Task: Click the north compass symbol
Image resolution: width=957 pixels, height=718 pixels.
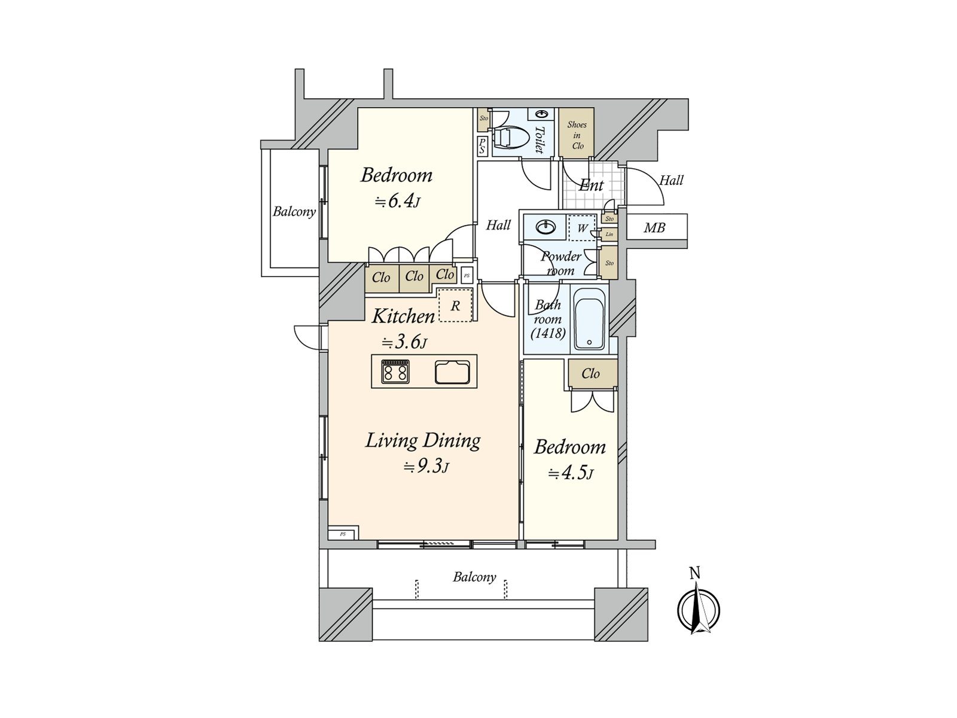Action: (698, 610)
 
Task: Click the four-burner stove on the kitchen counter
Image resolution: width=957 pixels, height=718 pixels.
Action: (395, 372)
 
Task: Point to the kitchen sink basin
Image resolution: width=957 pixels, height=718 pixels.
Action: (453, 372)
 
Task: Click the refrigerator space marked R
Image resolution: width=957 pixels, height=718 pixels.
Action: (456, 305)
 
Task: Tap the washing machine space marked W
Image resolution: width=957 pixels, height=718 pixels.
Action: (582, 228)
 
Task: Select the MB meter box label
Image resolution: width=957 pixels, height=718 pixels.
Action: (654, 228)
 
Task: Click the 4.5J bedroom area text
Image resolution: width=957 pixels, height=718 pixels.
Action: (571, 474)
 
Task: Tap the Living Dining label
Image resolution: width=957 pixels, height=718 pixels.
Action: (423, 441)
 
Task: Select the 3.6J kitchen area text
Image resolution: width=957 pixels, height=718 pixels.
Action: (404, 343)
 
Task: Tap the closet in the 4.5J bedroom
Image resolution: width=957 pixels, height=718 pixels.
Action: (592, 374)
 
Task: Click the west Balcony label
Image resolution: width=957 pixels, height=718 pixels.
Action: (294, 211)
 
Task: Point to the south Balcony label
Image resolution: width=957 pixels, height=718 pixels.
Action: (474, 577)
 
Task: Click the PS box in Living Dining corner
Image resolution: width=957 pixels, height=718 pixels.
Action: (343, 534)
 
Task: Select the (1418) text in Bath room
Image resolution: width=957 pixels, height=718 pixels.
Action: (548, 333)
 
